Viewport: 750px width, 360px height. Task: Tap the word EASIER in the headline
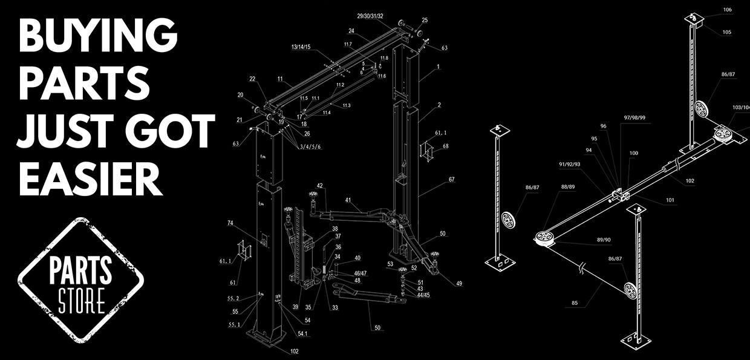pyautogui.click(x=91, y=179)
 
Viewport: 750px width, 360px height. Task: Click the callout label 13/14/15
pyautogui.click(x=301, y=47)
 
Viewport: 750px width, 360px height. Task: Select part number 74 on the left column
pyautogui.click(x=230, y=223)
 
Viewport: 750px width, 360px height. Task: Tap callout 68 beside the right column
pyautogui.click(x=446, y=146)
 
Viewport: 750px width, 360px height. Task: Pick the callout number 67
pyautogui.click(x=451, y=180)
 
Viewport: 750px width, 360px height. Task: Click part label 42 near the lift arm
pyautogui.click(x=320, y=186)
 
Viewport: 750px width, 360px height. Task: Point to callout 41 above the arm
pyautogui.click(x=348, y=200)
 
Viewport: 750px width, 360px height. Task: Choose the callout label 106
pyautogui.click(x=727, y=10)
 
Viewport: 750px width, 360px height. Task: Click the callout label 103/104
pyautogui.click(x=740, y=107)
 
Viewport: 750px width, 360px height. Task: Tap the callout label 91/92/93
pyautogui.click(x=569, y=163)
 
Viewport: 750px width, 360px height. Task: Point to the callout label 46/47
pyautogui.click(x=360, y=273)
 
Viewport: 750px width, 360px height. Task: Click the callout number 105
pyautogui.click(x=726, y=32)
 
